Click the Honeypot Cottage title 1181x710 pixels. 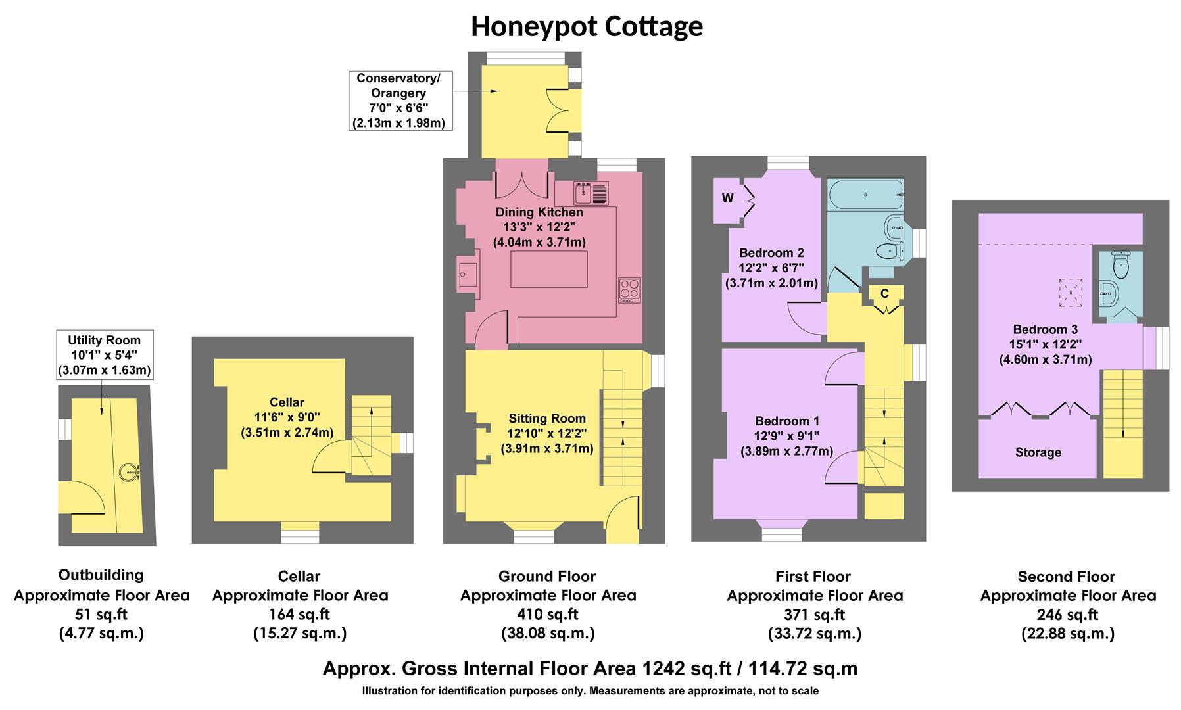[x=587, y=26]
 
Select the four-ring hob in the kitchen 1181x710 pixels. [x=629, y=290]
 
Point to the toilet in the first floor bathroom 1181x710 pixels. [x=889, y=250]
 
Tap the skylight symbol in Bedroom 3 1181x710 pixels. [x=1070, y=293]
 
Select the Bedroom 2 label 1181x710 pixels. [x=771, y=253]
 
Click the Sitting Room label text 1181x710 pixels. [x=547, y=419]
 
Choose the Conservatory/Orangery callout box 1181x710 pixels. [x=400, y=101]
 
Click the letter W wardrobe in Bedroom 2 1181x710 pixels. [x=728, y=199]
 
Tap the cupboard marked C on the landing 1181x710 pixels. [x=884, y=294]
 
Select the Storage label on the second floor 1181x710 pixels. [x=1038, y=452]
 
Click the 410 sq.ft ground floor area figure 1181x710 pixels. [x=547, y=615]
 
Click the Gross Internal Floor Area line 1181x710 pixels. [x=590, y=669]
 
